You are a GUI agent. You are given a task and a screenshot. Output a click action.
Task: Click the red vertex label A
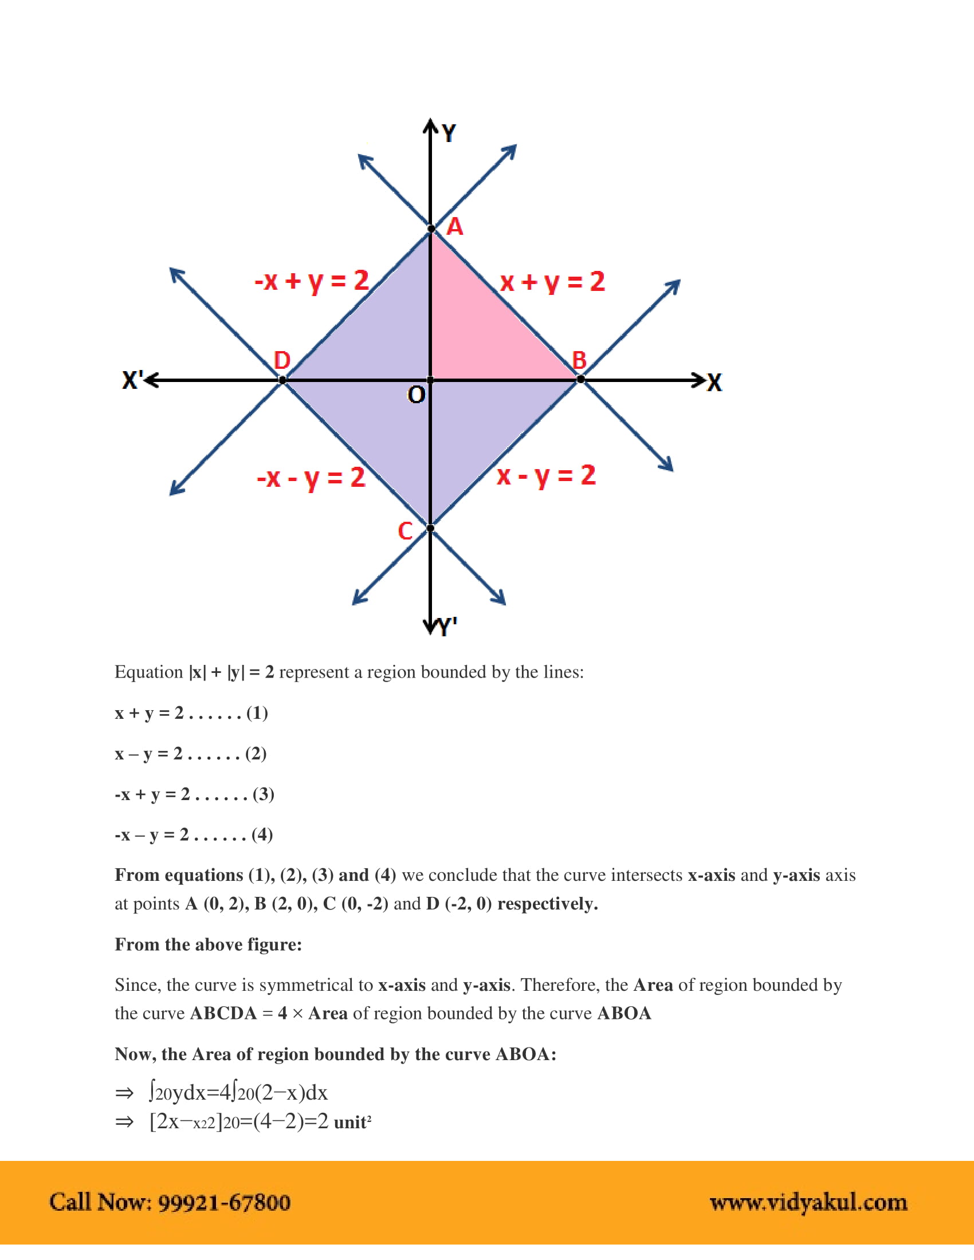click(x=455, y=227)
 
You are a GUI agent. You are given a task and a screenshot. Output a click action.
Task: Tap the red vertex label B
click(x=579, y=361)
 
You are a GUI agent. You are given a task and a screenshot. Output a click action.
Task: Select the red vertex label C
click(x=405, y=531)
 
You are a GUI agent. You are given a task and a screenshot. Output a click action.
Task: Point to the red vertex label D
click(x=281, y=361)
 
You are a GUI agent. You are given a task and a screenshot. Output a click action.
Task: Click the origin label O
click(x=416, y=395)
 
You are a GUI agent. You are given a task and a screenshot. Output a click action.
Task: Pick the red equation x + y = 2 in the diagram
click(x=552, y=282)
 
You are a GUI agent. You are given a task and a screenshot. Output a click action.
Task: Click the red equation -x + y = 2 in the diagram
click(x=312, y=281)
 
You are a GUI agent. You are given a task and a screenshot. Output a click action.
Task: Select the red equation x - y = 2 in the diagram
click(x=546, y=475)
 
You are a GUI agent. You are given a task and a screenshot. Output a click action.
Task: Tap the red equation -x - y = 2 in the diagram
click(x=311, y=478)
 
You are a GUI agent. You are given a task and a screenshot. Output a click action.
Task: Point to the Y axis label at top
click(x=449, y=133)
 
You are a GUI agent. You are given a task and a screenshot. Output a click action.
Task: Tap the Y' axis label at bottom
click(x=447, y=627)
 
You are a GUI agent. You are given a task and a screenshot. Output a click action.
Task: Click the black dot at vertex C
click(x=430, y=528)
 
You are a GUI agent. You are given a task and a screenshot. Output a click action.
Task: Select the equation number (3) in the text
click(x=263, y=794)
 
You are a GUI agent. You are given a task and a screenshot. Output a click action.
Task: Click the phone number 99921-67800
click(x=224, y=1202)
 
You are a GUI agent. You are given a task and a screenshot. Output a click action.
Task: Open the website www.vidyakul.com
click(x=808, y=1202)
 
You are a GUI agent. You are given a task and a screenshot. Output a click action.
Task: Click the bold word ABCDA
click(x=223, y=1014)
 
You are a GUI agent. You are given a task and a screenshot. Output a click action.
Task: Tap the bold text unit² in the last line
click(x=352, y=1123)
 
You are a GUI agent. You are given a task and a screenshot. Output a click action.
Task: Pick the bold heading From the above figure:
click(x=209, y=944)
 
